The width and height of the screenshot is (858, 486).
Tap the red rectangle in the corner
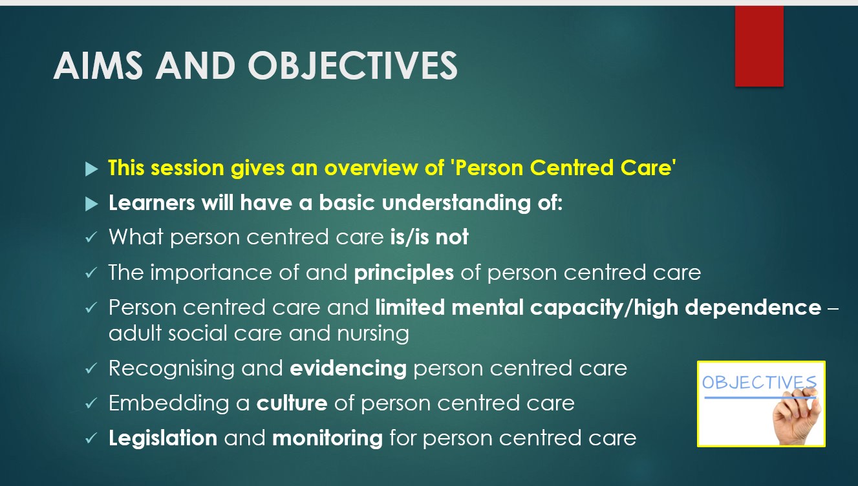(x=759, y=46)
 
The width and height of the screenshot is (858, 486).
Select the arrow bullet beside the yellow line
(x=92, y=169)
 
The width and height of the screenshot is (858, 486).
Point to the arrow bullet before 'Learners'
(x=92, y=204)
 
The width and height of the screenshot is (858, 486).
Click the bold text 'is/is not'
(x=429, y=237)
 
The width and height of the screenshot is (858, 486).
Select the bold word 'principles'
(x=404, y=273)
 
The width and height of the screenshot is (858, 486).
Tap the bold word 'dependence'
(x=753, y=307)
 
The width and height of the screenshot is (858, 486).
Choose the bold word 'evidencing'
(x=348, y=368)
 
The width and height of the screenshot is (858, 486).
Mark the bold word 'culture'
(x=292, y=403)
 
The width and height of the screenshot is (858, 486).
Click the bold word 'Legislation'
(x=163, y=438)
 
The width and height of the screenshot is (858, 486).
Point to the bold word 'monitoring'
(x=327, y=438)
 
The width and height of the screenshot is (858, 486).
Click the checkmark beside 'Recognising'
(x=91, y=369)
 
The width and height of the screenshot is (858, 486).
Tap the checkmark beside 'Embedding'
(x=91, y=404)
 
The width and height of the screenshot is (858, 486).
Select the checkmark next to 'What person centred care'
(x=91, y=238)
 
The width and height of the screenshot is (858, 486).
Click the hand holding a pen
(x=797, y=417)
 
